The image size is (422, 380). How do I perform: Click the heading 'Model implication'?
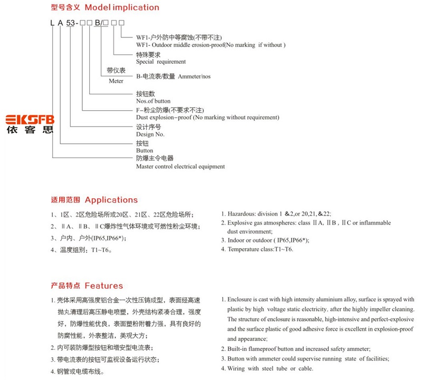[121, 7]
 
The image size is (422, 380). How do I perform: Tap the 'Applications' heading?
[111, 200]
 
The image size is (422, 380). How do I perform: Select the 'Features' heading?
[103, 286]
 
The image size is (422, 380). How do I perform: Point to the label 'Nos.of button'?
[153, 101]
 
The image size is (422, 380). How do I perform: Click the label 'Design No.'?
[150, 134]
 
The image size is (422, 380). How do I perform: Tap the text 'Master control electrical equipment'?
[180, 167]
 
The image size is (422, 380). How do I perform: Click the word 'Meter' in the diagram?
[116, 81]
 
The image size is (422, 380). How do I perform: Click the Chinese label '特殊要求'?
[148, 54]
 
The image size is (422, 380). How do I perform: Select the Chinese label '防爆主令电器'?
[155, 158]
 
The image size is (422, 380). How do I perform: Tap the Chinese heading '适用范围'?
[65, 200]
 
